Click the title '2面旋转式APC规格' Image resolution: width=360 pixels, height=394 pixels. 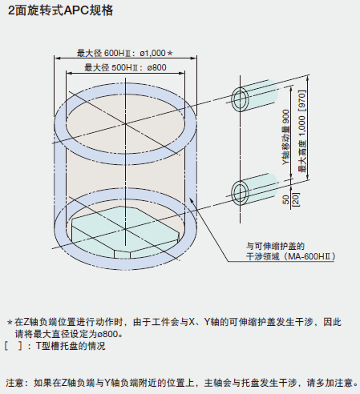61,10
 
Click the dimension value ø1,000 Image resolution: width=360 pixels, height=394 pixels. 153,53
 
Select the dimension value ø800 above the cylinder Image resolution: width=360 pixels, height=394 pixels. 156,67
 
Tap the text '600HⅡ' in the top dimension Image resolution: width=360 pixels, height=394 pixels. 117,53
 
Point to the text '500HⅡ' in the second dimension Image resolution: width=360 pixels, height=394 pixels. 124,67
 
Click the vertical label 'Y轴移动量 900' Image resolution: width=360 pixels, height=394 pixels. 286,137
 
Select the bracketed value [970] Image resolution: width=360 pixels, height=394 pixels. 301,101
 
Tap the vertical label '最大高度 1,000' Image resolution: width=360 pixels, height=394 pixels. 301,143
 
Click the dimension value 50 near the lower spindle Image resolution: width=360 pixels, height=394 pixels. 286,199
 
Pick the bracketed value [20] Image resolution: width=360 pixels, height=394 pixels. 296,199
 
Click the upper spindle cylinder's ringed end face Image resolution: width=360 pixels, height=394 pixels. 240,99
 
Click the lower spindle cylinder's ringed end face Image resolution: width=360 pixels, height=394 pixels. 240,193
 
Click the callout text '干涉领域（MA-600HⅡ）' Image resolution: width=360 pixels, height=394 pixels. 290,256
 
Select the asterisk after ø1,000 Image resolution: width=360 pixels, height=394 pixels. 170,53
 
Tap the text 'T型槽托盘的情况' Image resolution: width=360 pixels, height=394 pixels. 71,346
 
